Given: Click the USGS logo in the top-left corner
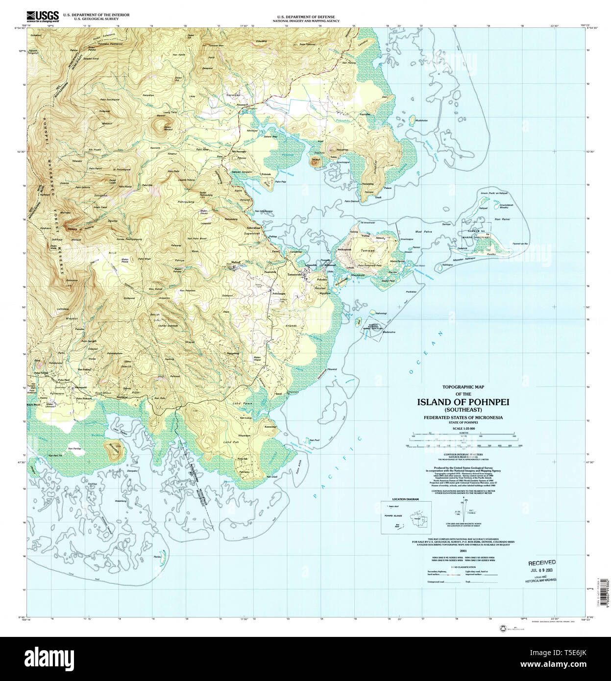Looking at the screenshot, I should [x=43, y=16].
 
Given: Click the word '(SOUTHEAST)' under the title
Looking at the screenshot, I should [x=463, y=410].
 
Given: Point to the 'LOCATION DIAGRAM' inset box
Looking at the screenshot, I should [x=406, y=517].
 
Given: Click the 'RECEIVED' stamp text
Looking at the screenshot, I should [x=542, y=563].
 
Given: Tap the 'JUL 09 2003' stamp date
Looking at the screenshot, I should [x=542, y=570].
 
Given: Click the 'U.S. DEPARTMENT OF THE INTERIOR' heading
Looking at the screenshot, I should [x=93, y=15].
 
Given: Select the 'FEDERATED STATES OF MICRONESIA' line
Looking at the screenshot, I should [x=463, y=417].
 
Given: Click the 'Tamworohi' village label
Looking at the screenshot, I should [x=295, y=274].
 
